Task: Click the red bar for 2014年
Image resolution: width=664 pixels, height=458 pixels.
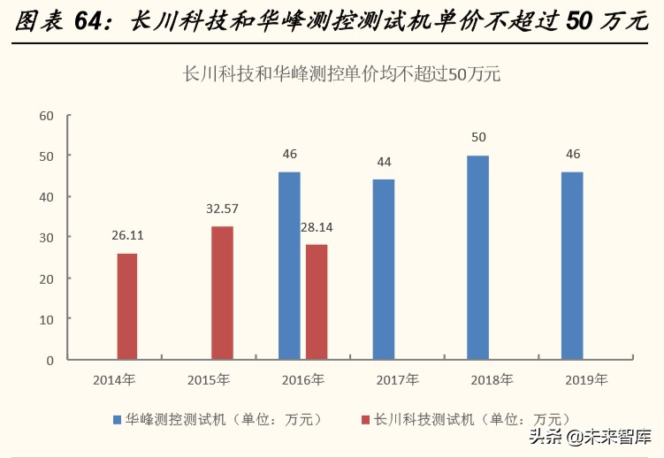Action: [127, 306]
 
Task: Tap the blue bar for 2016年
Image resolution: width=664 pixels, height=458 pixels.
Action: [289, 265]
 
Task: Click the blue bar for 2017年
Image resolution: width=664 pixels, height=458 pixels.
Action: [384, 269]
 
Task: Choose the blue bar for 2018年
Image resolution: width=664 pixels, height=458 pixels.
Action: [477, 257]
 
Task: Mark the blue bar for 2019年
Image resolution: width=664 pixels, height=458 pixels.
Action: [572, 265]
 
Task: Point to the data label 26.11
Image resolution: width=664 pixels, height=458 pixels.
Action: [127, 237]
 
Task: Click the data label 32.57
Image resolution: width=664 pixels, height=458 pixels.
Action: [222, 210]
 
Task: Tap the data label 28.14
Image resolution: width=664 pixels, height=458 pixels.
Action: [317, 227]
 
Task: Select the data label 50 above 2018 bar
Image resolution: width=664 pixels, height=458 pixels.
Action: [478, 138]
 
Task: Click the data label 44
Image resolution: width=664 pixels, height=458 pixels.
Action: [384, 163]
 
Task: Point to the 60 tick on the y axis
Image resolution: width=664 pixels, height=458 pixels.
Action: [47, 115]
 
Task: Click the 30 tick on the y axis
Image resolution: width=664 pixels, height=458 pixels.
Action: [47, 238]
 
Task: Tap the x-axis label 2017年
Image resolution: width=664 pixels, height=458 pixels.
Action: [397, 380]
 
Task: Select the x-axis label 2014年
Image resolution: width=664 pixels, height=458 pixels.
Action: [114, 380]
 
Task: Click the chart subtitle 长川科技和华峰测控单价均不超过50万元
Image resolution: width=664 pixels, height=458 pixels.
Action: [340, 74]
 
